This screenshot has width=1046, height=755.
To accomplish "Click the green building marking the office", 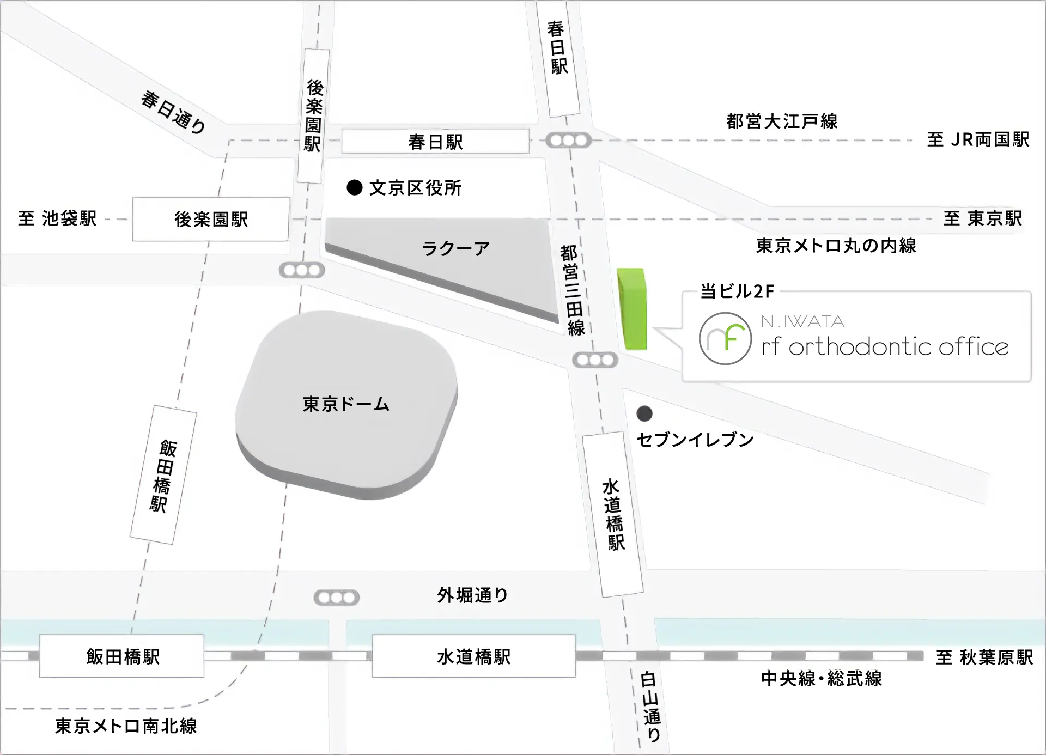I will click(x=632, y=308).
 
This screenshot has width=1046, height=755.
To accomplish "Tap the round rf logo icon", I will click(x=725, y=338).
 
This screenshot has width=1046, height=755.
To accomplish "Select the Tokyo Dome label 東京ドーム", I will click(x=346, y=404).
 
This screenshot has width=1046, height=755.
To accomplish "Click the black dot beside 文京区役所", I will click(x=355, y=188).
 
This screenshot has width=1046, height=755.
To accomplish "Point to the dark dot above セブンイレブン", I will click(x=644, y=414).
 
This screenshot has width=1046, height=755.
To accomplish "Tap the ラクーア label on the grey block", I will click(x=456, y=249).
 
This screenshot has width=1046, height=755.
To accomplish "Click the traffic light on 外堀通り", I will click(x=337, y=598).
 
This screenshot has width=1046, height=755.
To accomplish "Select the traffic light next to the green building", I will click(x=595, y=360).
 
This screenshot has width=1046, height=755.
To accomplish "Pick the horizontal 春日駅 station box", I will click(x=435, y=142).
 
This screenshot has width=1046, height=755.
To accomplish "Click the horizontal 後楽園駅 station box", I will click(x=211, y=219).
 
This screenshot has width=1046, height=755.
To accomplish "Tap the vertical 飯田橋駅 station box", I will click(x=163, y=475).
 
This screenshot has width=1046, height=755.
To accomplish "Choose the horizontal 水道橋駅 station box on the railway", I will click(x=473, y=656).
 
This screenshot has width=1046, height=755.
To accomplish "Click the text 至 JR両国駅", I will click(x=978, y=139).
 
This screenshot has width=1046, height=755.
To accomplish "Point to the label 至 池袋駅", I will click(x=57, y=218).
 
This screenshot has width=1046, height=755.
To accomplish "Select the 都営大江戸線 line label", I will click(x=782, y=121).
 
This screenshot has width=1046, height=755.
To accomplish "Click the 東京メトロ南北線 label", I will click(x=126, y=726).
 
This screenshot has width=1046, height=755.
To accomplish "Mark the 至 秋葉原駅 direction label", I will click(x=984, y=657).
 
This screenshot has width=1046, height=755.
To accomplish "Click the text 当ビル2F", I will click(x=737, y=291).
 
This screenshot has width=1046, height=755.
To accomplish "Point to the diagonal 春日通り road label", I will click(x=173, y=112).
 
